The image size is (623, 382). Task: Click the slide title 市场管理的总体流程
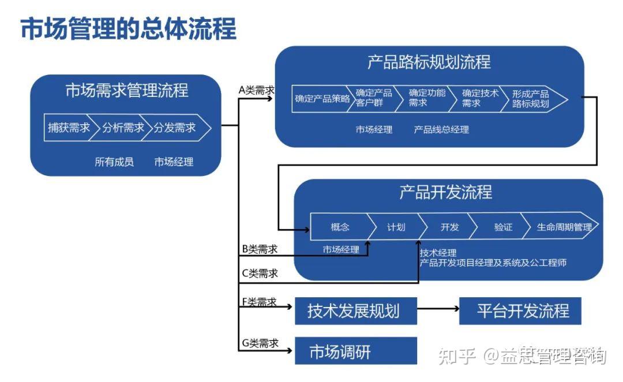[128, 28]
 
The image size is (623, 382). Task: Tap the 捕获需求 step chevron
[68, 128]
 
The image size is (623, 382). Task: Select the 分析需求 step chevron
[123, 128]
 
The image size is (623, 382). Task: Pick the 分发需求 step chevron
[175, 128]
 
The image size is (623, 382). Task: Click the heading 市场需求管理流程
[126, 91]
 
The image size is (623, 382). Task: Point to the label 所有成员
[114, 162]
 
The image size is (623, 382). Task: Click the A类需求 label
[256, 90]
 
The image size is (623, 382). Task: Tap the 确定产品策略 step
[322, 99]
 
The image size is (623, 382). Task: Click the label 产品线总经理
[441, 130]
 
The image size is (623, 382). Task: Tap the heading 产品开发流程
[446, 192]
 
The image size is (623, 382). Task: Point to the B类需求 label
[260, 249]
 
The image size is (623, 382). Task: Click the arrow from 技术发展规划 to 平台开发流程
[438, 309]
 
